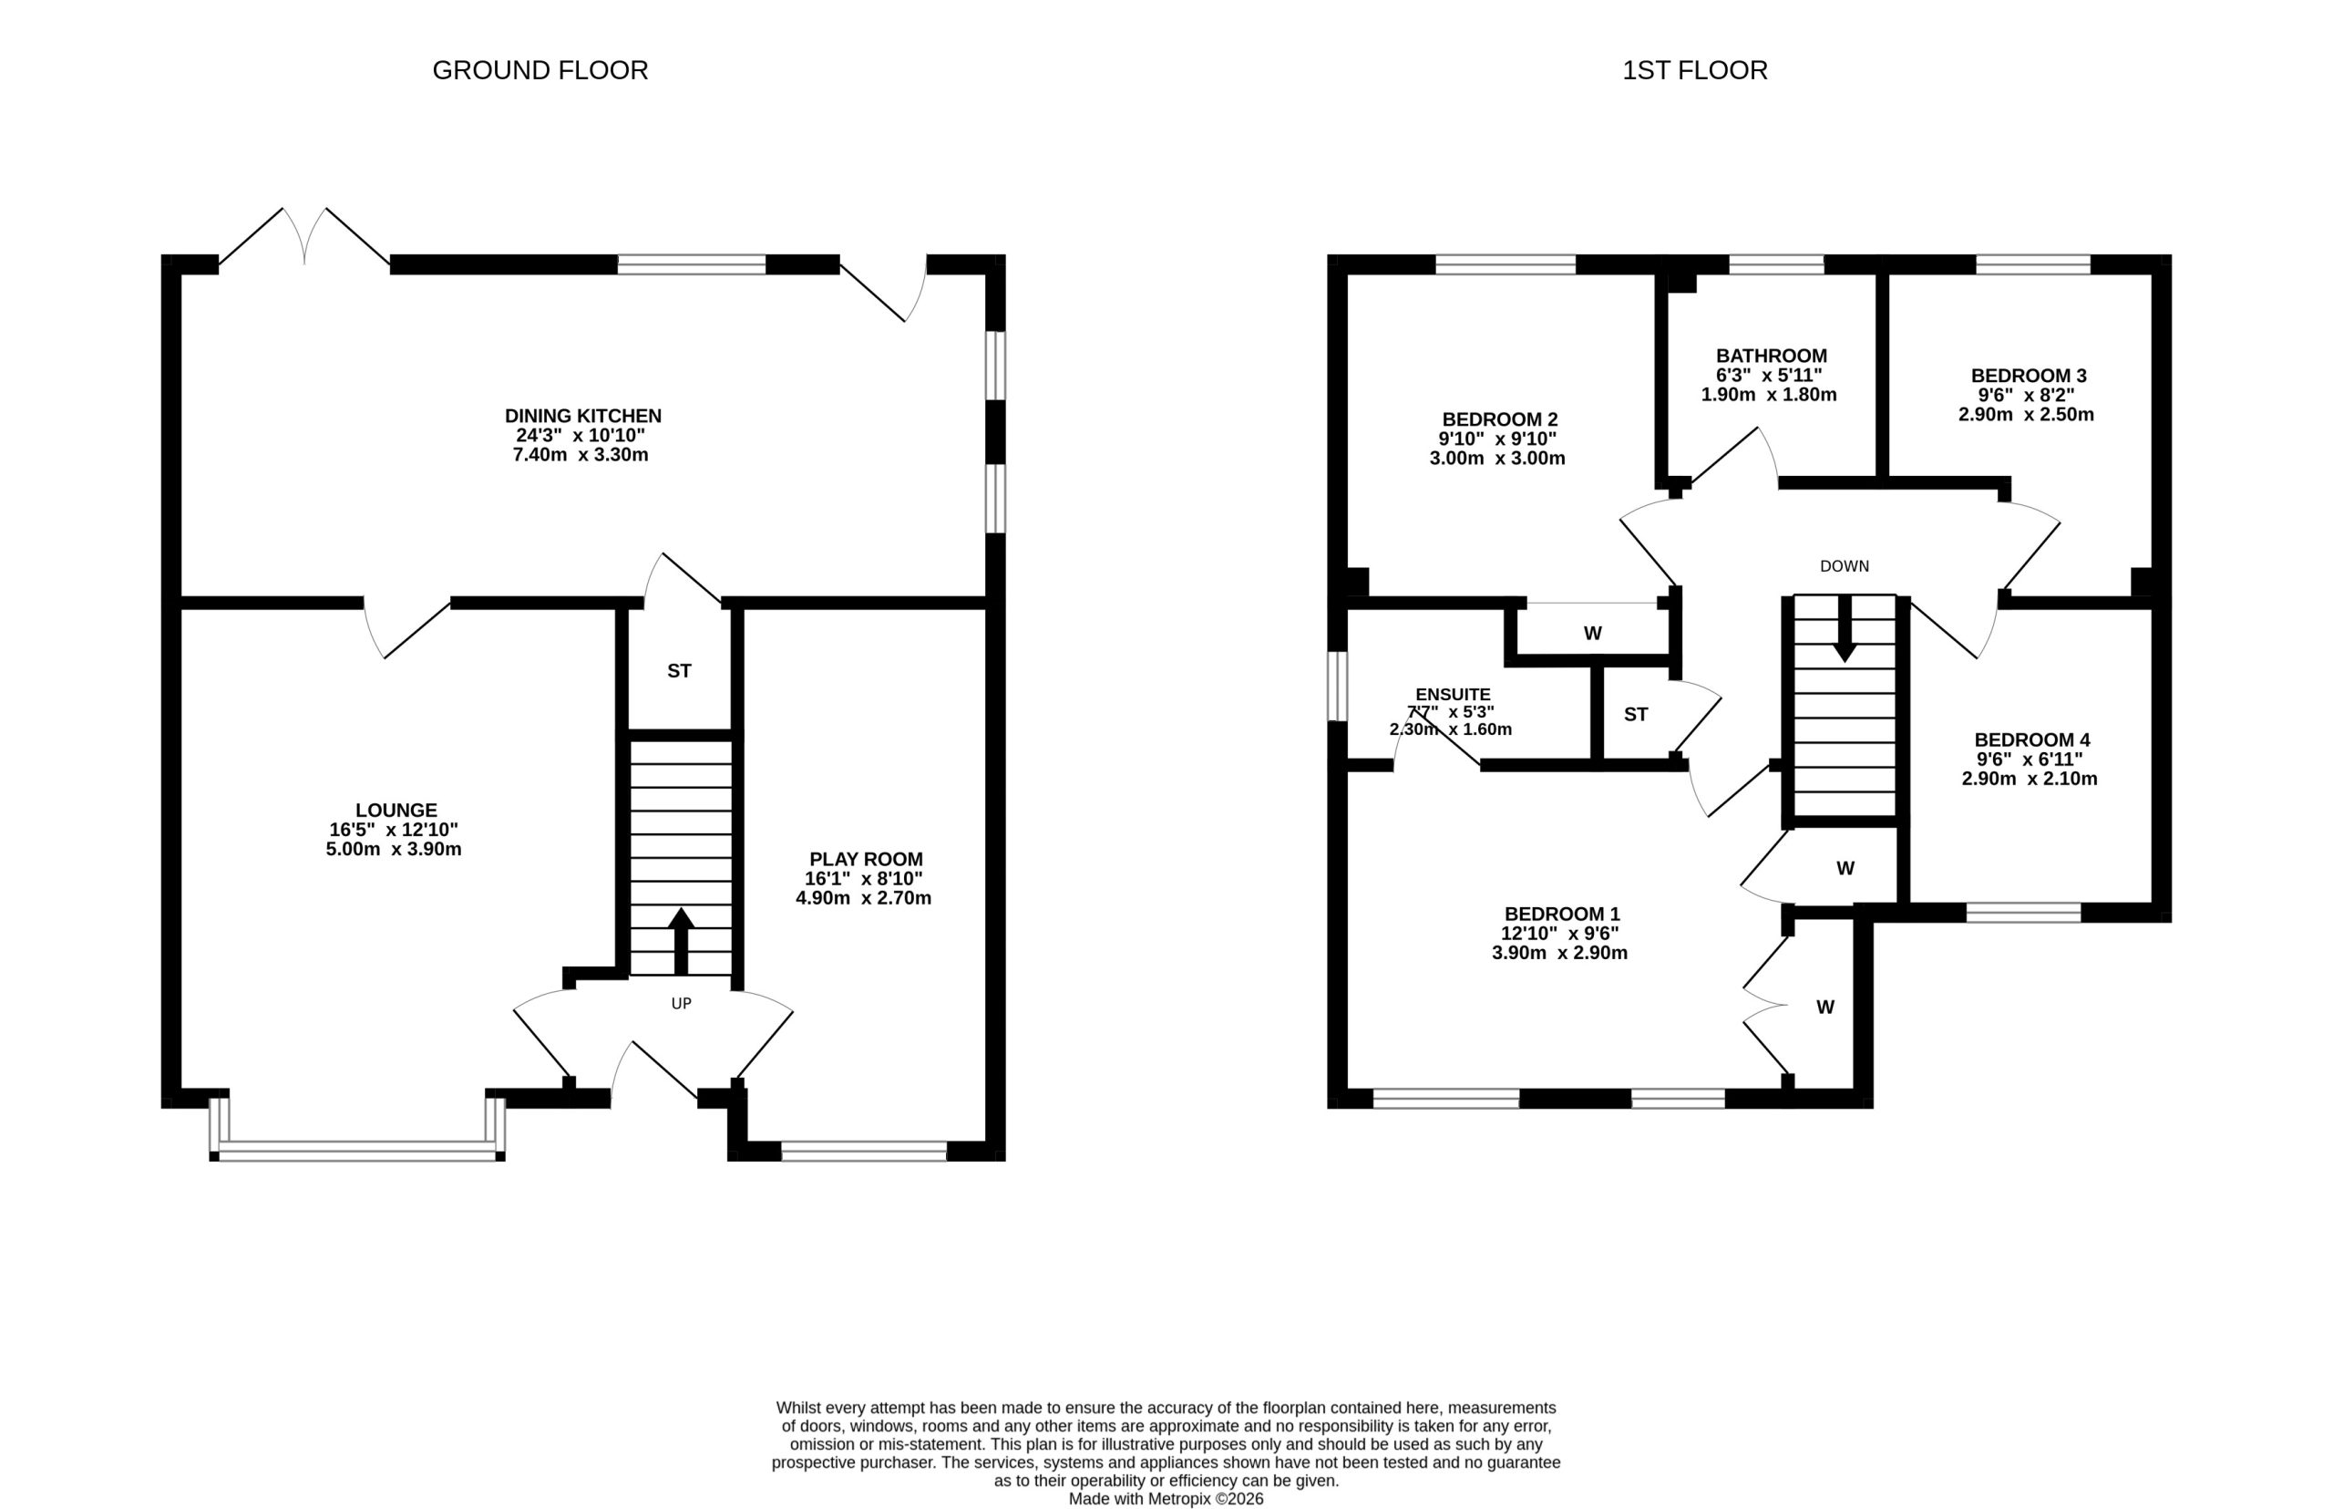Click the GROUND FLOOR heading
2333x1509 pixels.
pyautogui.click(x=540, y=70)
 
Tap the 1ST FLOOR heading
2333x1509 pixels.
pyautogui.click(x=1694, y=70)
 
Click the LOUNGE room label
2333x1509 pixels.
pyautogui.click(x=396, y=811)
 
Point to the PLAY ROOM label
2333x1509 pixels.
pyautogui.click(x=866, y=859)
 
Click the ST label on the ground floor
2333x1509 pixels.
pyautogui.click(x=679, y=671)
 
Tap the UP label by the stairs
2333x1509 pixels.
pyautogui.click(x=681, y=1003)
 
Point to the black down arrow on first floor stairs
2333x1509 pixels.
pyautogui.click(x=1845, y=628)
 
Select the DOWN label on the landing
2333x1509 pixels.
pyautogui.click(x=1845, y=566)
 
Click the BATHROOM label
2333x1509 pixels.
pyautogui.click(x=1772, y=357)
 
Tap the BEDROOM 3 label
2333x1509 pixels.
pyautogui.click(x=2029, y=377)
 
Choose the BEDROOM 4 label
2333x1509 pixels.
pyautogui.click(x=2032, y=740)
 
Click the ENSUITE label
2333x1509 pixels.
pyautogui.click(x=1453, y=695)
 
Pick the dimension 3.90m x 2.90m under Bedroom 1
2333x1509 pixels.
pyautogui.click(x=1559, y=954)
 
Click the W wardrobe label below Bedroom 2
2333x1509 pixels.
pyautogui.click(x=1593, y=634)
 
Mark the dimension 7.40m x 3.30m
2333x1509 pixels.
pyautogui.click(x=580, y=456)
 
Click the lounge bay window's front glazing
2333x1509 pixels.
pyautogui.click(x=357, y=1151)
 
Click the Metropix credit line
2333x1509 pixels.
pyautogui.click(x=1166, y=1499)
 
